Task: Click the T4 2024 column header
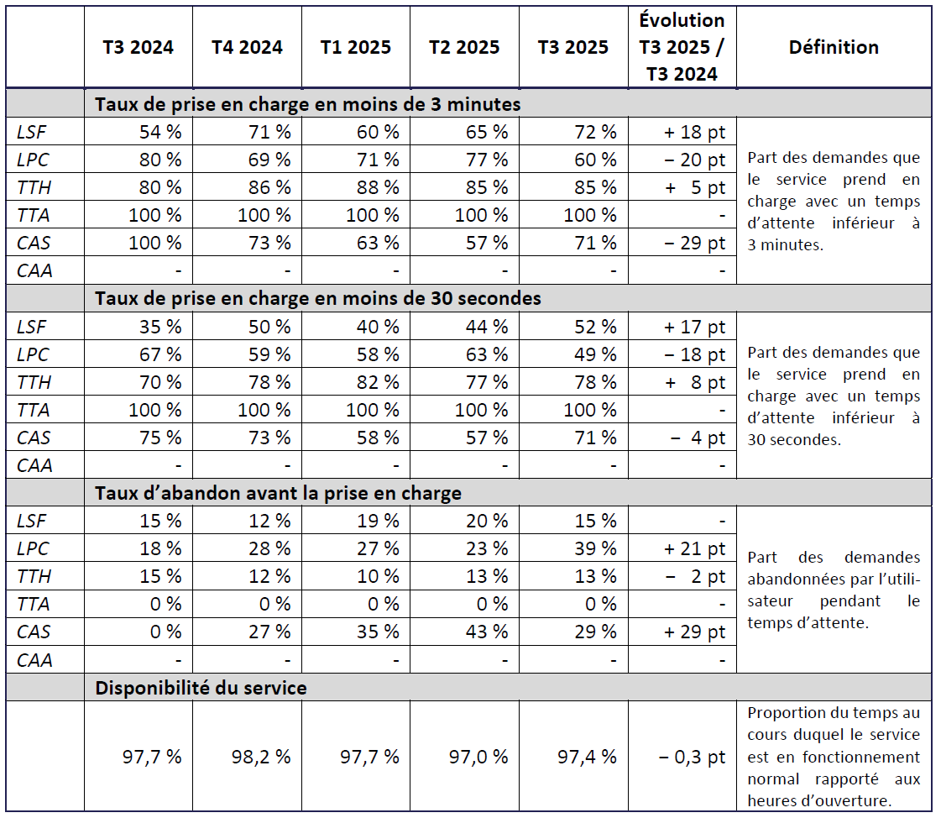point(247,47)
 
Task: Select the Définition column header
point(834,47)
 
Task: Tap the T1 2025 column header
point(356,47)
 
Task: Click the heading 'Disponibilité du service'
point(201,688)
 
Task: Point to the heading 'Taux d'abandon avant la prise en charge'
point(278,493)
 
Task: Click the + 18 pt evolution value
point(694,132)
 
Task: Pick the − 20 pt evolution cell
point(694,160)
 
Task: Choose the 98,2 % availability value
point(261,757)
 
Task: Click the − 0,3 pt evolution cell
point(692,757)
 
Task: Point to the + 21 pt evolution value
point(694,548)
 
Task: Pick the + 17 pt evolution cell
point(694,327)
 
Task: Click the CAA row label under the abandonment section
point(34,659)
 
